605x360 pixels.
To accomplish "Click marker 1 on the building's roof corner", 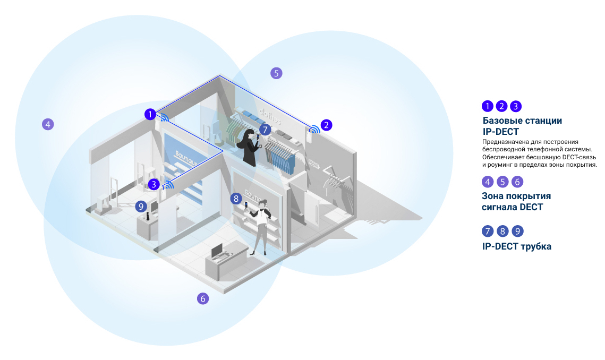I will (151, 114).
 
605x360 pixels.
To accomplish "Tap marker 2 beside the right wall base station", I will (327, 125).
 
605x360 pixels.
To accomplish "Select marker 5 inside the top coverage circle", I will (276, 73).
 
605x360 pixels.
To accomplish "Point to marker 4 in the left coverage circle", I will (48, 125).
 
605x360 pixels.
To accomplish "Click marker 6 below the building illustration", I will (202, 298).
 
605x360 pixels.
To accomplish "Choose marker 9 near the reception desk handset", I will (141, 205).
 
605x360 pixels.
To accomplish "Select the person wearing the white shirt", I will (261, 226).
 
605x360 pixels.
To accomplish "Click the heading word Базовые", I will (502, 121).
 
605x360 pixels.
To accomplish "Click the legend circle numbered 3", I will (516, 106).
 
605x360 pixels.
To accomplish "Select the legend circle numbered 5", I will (502, 182).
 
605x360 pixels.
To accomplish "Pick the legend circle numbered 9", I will (517, 231).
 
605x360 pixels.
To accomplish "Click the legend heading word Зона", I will (493, 196).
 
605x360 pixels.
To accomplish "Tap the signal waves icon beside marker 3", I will (169, 185).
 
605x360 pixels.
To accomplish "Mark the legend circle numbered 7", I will (488, 231).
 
